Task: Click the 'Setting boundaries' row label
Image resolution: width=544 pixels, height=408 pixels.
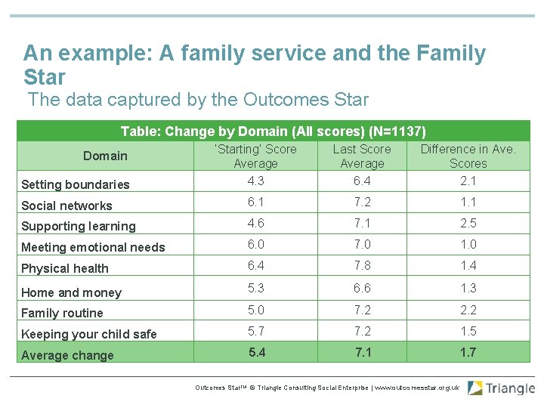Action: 76,184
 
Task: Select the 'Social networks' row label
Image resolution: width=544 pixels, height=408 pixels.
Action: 66,206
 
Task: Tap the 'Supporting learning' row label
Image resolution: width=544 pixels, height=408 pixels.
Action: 79,226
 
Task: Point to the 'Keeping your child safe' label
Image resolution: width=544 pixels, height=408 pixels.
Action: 89,334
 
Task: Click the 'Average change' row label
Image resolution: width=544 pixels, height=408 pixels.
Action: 67,355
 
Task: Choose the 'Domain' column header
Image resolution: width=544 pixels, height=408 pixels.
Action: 105,156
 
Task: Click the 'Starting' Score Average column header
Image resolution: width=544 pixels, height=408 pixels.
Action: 255,156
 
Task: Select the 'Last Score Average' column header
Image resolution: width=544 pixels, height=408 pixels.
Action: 362,156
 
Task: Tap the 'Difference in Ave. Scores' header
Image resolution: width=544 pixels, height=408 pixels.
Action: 468,156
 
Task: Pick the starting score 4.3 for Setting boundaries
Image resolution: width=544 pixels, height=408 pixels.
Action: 255,181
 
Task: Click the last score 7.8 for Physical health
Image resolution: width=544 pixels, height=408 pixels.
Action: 362,264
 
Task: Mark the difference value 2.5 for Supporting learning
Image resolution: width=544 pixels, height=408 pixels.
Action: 468,223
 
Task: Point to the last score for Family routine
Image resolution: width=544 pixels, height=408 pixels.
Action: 362,310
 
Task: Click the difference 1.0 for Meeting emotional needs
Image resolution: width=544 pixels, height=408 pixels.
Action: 468,244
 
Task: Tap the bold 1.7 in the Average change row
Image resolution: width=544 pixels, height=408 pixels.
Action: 468,352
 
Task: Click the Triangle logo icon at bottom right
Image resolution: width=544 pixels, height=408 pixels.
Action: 475,388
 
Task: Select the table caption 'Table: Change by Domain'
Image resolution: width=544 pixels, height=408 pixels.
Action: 274,131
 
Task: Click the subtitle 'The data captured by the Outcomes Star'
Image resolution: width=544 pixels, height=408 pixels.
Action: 198,100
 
